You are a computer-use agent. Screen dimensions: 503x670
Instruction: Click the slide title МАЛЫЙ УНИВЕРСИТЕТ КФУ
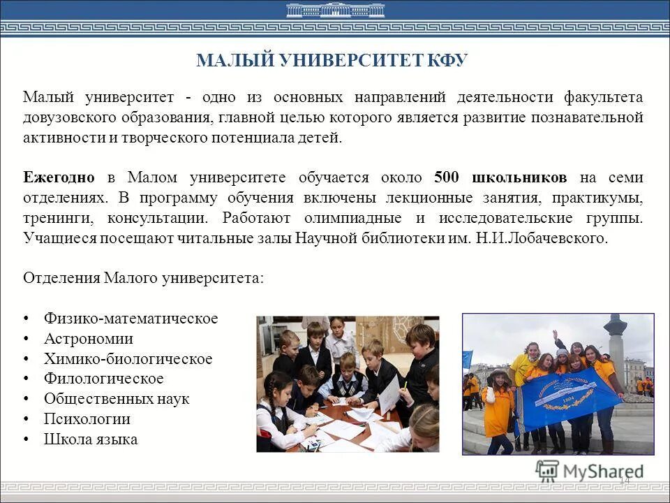(332, 61)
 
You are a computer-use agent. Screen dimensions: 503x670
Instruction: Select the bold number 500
(447, 177)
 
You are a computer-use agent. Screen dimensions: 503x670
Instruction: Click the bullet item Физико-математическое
(131, 319)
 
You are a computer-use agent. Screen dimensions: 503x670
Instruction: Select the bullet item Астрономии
(88, 339)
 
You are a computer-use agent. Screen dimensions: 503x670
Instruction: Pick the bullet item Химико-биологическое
(128, 359)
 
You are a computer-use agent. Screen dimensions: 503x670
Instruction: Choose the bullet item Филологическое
(103, 379)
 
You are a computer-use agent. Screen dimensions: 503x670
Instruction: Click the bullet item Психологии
(87, 419)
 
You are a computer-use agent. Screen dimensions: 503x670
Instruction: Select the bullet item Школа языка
(90, 439)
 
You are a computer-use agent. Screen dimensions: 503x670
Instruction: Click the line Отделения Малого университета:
(144, 277)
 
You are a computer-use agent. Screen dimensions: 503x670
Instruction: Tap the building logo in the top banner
(335, 10)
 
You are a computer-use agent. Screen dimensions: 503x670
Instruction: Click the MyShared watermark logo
(590, 470)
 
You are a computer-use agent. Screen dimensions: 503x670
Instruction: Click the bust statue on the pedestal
(615, 326)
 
